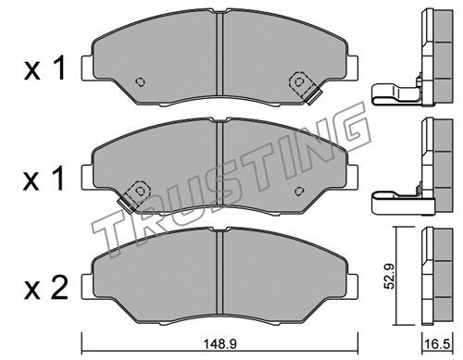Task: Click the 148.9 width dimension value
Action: (219, 344)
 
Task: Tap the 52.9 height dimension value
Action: (390, 276)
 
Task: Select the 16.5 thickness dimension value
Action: (437, 344)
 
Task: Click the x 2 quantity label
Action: (46, 288)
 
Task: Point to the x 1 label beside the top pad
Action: (44, 68)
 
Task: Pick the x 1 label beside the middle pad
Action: (44, 178)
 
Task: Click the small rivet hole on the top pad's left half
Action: (141, 81)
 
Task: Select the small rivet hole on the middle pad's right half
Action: (299, 191)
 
